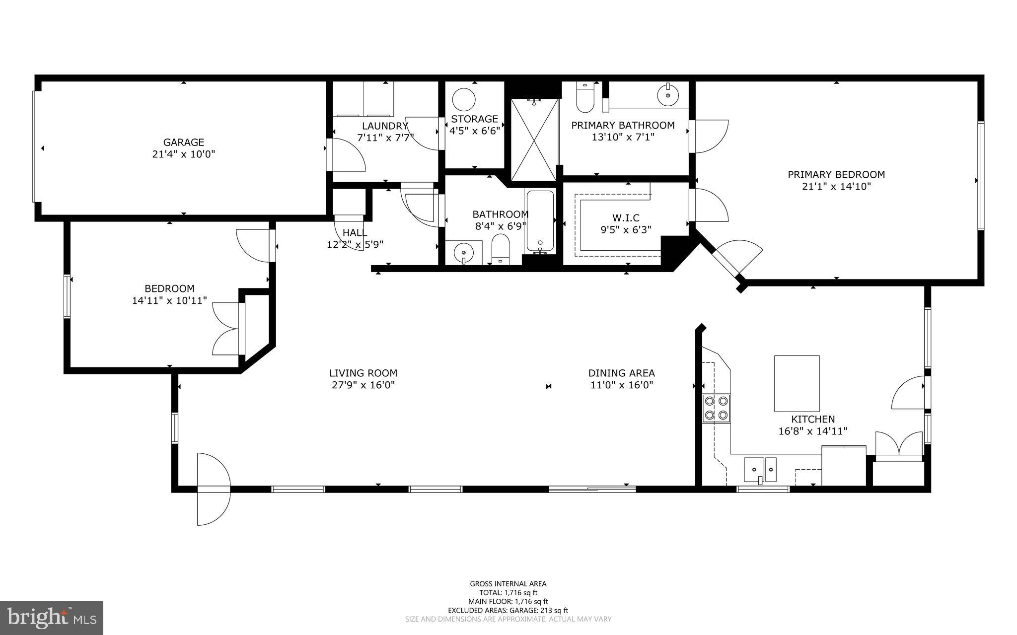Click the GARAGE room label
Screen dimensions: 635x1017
pyautogui.click(x=184, y=142)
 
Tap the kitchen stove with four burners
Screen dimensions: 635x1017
pyautogui.click(x=717, y=408)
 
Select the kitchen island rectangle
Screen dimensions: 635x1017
pyautogui.click(x=797, y=383)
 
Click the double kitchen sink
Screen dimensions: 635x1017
pyautogui.click(x=760, y=470)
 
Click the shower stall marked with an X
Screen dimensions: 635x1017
pyautogui.click(x=534, y=140)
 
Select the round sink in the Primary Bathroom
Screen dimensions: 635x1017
pyautogui.click(x=668, y=94)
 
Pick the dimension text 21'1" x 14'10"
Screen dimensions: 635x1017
pyautogui.click(x=836, y=187)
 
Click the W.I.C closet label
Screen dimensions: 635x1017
pyautogui.click(x=626, y=218)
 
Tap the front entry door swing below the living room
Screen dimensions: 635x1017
pyautogui.click(x=214, y=489)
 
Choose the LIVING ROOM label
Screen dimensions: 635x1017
pyautogui.click(x=363, y=373)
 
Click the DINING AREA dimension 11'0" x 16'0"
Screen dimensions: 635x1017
pyautogui.click(x=621, y=385)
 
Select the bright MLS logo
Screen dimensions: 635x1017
pyautogui.click(x=52, y=618)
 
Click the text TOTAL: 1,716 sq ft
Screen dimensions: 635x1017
pyautogui.click(x=508, y=592)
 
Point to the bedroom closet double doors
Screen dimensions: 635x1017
pyautogui.click(x=227, y=329)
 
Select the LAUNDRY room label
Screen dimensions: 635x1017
pyautogui.click(x=385, y=126)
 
